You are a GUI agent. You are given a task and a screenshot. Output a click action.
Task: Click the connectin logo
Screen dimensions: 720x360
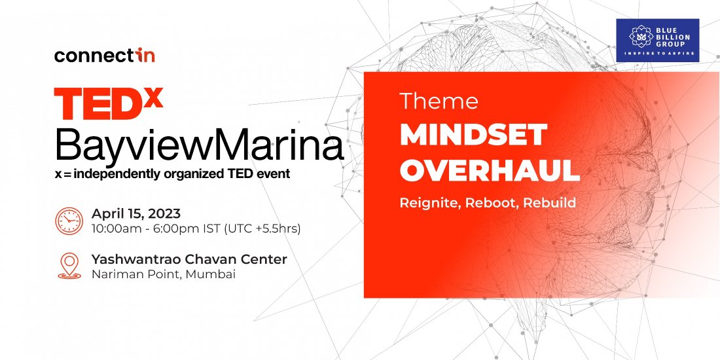(104, 56)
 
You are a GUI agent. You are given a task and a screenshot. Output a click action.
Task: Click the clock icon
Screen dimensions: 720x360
(69, 221)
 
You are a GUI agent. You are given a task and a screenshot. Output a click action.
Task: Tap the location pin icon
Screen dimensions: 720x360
(69, 266)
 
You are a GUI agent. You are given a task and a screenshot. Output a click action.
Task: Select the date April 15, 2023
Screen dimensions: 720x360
(136, 213)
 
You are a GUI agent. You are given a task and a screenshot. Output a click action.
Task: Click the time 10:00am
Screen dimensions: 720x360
(114, 228)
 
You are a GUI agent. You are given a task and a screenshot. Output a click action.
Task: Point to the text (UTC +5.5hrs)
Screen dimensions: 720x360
(262, 228)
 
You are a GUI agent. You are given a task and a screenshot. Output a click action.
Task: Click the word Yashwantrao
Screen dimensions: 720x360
(136, 259)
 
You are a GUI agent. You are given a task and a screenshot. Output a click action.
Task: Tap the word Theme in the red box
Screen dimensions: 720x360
(439, 101)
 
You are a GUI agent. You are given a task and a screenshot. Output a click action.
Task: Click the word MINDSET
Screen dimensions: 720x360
(473, 135)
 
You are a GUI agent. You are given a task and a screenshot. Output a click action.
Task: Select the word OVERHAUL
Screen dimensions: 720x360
(490, 170)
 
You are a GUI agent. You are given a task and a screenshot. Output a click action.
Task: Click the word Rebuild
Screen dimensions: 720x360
(550, 202)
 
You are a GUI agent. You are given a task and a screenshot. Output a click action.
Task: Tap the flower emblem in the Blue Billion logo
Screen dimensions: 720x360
(641, 36)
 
